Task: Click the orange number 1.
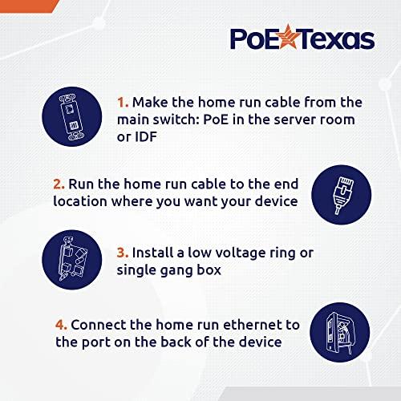(122, 103)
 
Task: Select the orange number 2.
(59, 183)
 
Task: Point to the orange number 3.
(123, 253)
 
